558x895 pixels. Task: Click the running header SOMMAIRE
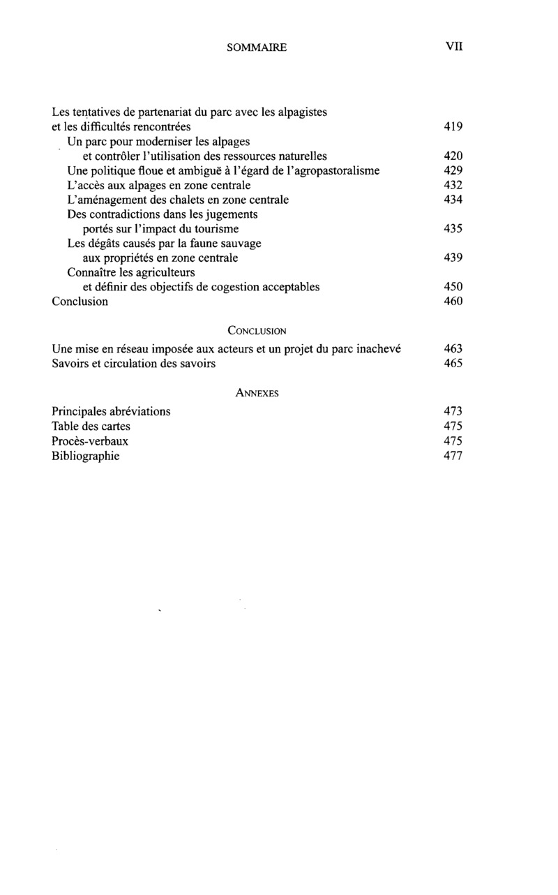(x=257, y=48)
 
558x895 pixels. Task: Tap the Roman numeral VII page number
(x=454, y=47)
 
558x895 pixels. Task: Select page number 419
(x=453, y=127)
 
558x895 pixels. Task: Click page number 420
(x=453, y=156)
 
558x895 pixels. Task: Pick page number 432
(x=453, y=186)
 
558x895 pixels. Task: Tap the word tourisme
(x=216, y=229)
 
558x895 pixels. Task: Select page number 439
(x=453, y=258)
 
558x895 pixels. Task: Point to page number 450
(x=453, y=287)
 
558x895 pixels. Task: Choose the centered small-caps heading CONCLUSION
(x=257, y=331)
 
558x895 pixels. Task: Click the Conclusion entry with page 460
(x=80, y=302)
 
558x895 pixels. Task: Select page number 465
(x=453, y=364)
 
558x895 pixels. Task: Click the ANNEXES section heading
(x=257, y=394)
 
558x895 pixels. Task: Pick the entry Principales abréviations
(x=112, y=411)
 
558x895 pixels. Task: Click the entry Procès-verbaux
(x=90, y=441)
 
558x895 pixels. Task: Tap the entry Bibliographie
(x=86, y=456)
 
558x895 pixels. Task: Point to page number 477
(x=453, y=457)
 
